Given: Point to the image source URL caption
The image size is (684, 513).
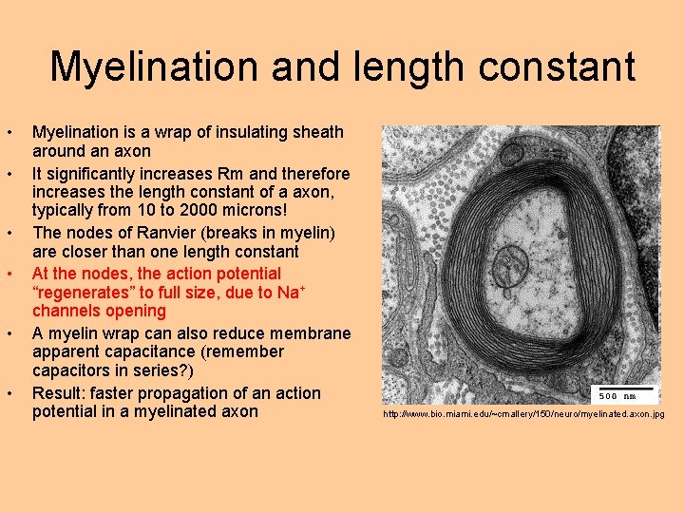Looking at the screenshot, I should [523, 415].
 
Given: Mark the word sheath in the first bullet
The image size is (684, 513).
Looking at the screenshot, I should [316, 132].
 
